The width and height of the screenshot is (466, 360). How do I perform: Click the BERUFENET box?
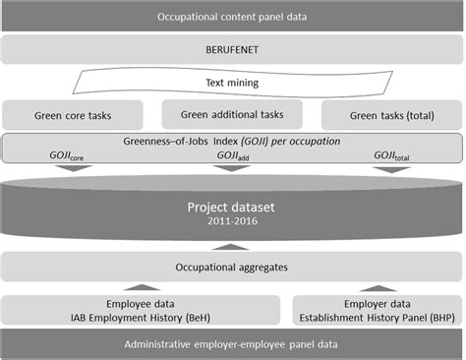pos(232,50)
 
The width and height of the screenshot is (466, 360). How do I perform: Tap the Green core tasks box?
pos(73,113)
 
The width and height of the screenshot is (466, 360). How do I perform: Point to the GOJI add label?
pos(232,155)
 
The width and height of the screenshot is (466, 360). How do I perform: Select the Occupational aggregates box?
pos(232,266)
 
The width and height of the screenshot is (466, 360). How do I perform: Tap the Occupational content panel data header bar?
pos(232,16)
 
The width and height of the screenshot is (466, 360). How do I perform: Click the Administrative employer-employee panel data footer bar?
pos(232,343)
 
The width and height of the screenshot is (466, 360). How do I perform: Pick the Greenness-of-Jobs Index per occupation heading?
pos(232,142)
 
